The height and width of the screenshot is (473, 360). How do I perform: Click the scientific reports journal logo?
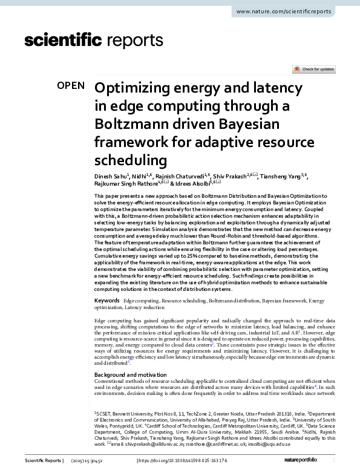94,41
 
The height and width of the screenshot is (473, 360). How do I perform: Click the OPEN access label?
71,85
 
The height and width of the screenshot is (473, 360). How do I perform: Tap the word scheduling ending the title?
131,160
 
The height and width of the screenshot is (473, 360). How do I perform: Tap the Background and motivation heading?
135,374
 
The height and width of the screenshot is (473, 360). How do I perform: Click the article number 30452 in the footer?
112,461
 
